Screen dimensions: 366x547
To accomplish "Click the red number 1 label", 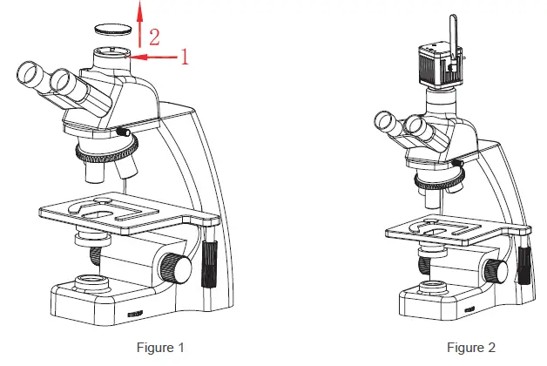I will (184, 58).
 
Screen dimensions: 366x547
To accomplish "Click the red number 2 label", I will (154, 37).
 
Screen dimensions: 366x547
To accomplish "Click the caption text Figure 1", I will (160, 348).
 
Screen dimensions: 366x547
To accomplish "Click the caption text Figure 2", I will (471, 348).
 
